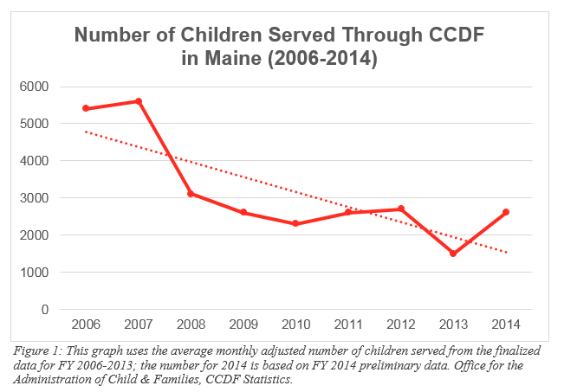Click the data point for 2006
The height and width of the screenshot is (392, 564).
(x=85, y=108)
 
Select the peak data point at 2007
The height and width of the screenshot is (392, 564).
(x=138, y=101)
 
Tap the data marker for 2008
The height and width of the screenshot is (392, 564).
(x=191, y=194)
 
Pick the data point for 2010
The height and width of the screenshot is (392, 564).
(x=295, y=223)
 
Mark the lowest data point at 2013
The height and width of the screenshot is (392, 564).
(x=453, y=254)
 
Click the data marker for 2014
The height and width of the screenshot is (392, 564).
(x=506, y=212)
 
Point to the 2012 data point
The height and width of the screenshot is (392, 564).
(x=401, y=209)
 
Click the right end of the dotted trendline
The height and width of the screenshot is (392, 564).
(x=506, y=253)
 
